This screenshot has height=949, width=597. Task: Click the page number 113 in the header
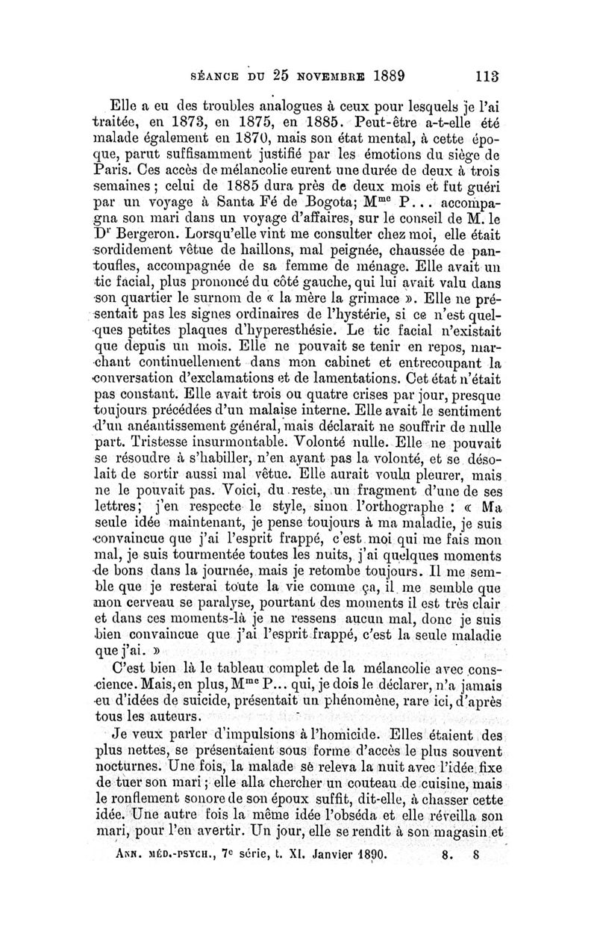point(487,75)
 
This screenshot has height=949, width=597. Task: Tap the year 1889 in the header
point(379,75)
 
